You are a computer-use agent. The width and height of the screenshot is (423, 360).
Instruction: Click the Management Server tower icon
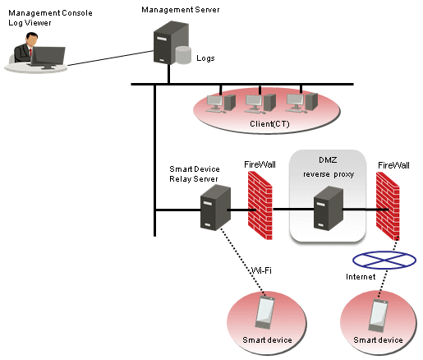(171, 43)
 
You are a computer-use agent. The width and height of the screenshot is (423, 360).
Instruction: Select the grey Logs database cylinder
(183, 55)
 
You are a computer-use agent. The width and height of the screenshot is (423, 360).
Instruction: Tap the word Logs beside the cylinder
(205, 58)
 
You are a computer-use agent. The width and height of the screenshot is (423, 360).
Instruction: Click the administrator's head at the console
(32, 39)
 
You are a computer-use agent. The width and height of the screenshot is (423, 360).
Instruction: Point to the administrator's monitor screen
(48, 56)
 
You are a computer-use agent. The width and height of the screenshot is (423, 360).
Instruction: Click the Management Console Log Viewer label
(50, 18)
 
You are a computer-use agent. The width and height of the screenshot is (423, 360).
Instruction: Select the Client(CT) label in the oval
(269, 124)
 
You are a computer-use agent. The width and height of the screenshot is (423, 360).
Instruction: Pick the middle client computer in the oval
(260, 104)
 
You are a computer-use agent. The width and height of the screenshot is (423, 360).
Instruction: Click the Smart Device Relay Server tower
(215, 207)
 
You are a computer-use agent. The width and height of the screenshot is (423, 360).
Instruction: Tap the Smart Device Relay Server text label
(195, 174)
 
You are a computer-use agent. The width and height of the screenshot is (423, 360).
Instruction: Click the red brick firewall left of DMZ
(260, 205)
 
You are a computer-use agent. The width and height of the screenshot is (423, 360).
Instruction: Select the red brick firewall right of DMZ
(388, 206)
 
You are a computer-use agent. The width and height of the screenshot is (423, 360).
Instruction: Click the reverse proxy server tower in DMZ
(329, 208)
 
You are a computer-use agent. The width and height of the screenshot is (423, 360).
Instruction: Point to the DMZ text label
(328, 160)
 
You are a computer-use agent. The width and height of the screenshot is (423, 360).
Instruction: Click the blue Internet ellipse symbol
(384, 260)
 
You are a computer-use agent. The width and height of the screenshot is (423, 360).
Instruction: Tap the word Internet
(361, 277)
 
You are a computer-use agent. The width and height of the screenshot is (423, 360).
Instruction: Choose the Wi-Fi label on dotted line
(261, 270)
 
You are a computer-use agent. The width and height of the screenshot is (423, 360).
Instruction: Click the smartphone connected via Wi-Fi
(264, 312)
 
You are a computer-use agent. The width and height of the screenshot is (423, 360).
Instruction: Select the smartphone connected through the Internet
(379, 316)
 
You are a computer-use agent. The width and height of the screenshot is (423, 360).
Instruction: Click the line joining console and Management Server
(110, 58)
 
